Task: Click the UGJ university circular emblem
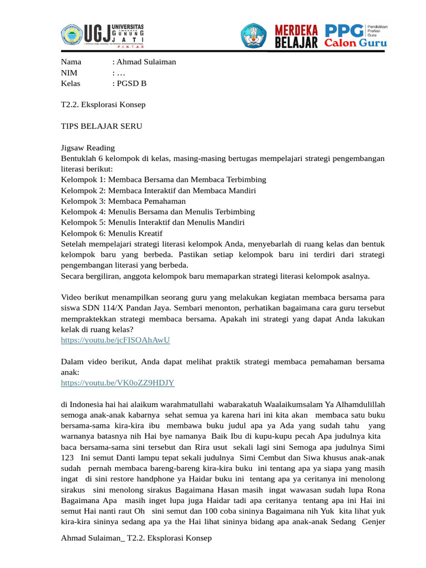[x=70, y=35]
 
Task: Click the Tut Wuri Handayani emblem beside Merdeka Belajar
[x=253, y=35]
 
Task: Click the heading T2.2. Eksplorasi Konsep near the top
[x=103, y=104]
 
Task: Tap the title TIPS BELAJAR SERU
[x=102, y=126]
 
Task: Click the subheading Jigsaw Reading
[x=88, y=148]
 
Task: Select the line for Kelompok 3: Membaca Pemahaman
[x=124, y=201]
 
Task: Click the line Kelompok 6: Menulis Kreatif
[x=111, y=233]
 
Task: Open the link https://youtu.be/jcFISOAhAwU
[x=115, y=340]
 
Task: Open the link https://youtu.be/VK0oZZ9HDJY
[x=118, y=383]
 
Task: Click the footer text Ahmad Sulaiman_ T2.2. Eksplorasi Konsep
[x=136, y=538]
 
